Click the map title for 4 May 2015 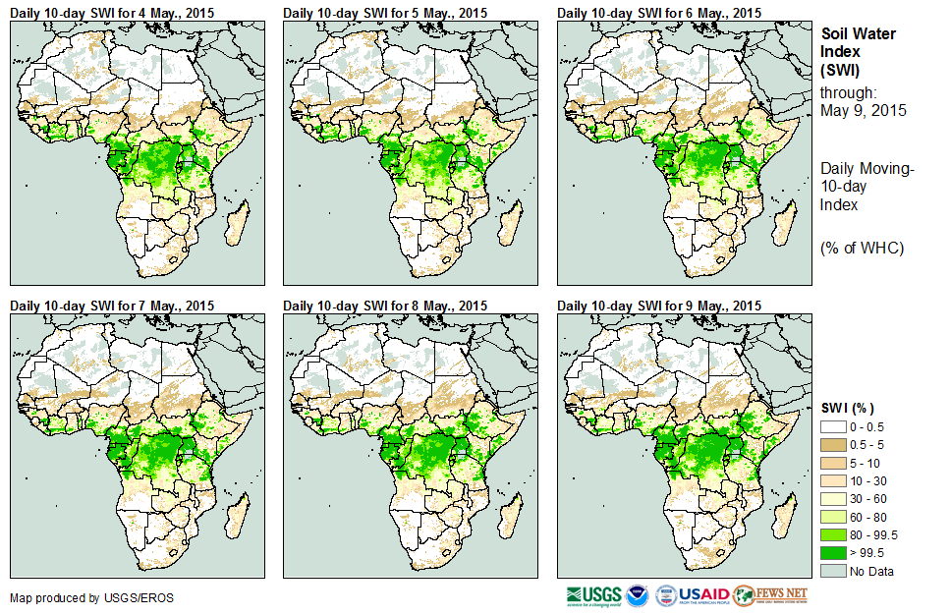click(112, 12)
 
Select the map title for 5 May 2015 click(385, 12)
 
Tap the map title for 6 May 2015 click(659, 12)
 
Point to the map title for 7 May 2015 click(112, 306)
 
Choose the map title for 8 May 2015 click(385, 306)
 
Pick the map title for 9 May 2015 click(659, 306)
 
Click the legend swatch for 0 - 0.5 click(833, 427)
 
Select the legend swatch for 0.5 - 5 click(833, 445)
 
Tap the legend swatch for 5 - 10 click(833, 463)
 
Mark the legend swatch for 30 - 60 click(833, 499)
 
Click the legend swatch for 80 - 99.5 click(833, 535)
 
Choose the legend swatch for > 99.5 click(833, 553)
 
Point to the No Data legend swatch click(833, 571)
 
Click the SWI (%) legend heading click(847, 408)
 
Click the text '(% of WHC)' click(862, 248)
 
